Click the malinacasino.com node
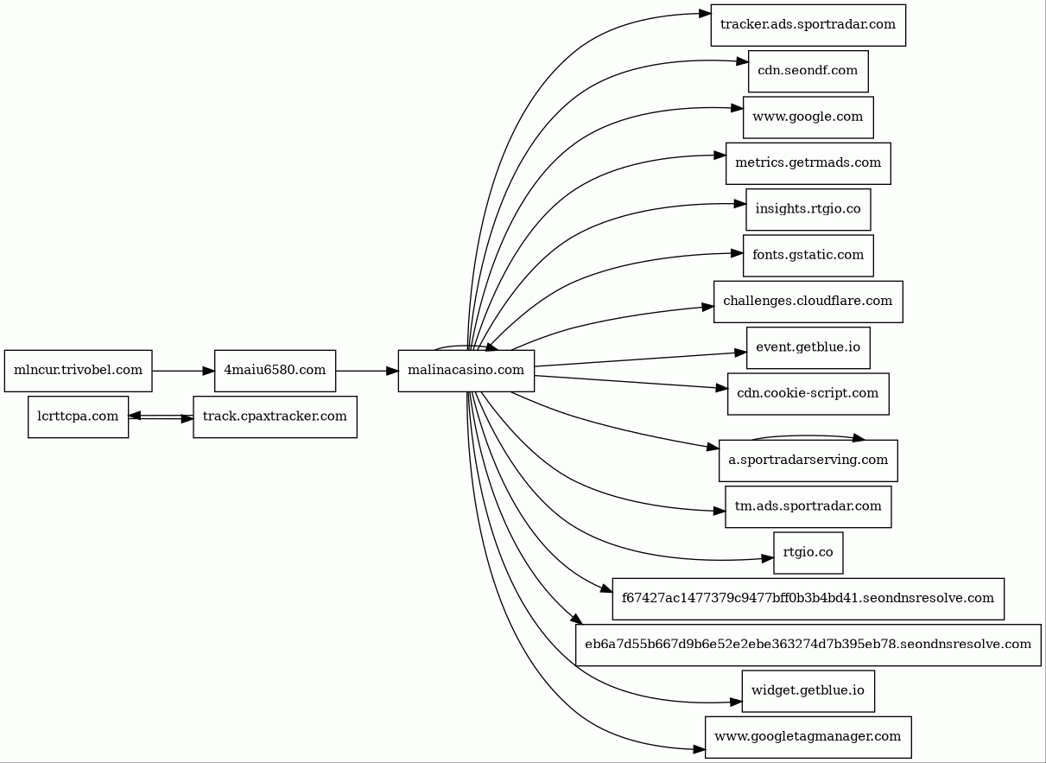click(x=466, y=371)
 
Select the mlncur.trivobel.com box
click(x=78, y=371)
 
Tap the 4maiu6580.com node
click(x=275, y=371)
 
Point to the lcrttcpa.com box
click(x=78, y=416)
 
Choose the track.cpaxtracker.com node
click(x=275, y=416)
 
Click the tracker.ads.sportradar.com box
click(x=808, y=25)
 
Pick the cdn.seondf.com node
click(x=808, y=71)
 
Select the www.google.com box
click(x=808, y=118)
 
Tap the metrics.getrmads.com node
click(x=808, y=163)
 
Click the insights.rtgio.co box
click(x=808, y=209)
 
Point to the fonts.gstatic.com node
click(x=808, y=256)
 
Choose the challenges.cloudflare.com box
click(x=808, y=302)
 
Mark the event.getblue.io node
click(x=808, y=347)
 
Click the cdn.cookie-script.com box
click(x=808, y=393)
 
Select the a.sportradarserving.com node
click(x=808, y=461)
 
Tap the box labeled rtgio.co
click(x=808, y=553)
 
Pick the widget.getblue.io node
click(x=808, y=691)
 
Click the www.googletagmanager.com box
click(x=808, y=737)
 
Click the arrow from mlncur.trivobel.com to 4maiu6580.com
click(x=183, y=371)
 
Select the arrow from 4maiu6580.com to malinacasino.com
click(x=367, y=371)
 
